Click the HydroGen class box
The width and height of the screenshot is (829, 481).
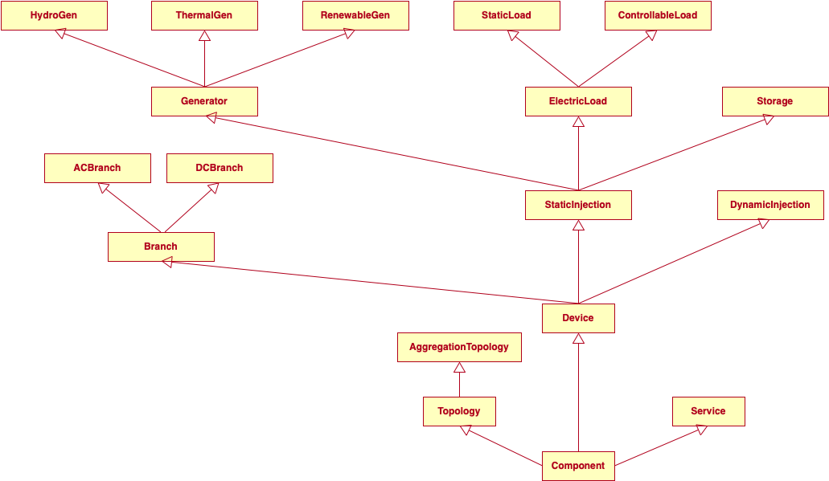[x=54, y=15]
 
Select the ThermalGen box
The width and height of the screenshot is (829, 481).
[x=204, y=15]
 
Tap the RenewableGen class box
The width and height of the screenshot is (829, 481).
[x=355, y=15]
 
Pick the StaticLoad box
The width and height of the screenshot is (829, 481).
[x=507, y=15]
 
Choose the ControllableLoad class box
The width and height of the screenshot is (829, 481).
[x=658, y=15]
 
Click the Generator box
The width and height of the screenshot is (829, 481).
[x=204, y=101]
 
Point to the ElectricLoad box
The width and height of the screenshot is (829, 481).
[x=578, y=101]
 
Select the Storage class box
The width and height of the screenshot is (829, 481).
[x=775, y=101]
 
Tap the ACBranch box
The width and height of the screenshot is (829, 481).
[x=97, y=168]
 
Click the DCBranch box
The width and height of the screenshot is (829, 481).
[x=220, y=168]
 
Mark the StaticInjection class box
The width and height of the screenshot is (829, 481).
[x=578, y=205]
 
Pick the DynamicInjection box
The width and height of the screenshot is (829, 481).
[x=770, y=205]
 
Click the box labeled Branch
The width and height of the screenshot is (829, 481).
[x=161, y=247]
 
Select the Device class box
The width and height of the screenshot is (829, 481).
[x=578, y=318]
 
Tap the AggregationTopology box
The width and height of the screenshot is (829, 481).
[x=459, y=347]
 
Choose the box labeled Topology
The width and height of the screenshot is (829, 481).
[x=459, y=411]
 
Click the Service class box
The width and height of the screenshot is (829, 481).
[x=708, y=411]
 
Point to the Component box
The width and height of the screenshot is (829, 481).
[x=578, y=466]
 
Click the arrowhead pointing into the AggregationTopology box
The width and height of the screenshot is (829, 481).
[x=459, y=367]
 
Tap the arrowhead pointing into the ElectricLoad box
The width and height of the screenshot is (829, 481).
[x=578, y=121]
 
